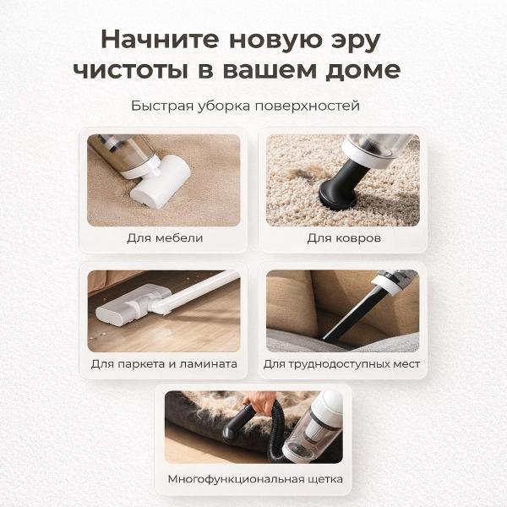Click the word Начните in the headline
tap(160, 40)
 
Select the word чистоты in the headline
tap(131, 70)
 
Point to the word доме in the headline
tap(363, 71)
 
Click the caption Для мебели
tap(165, 238)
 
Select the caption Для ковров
tap(344, 238)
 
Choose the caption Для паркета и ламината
tap(164, 364)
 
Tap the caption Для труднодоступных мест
tap(341, 364)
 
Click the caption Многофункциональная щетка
tap(255, 479)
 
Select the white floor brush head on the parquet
tap(133, 306)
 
